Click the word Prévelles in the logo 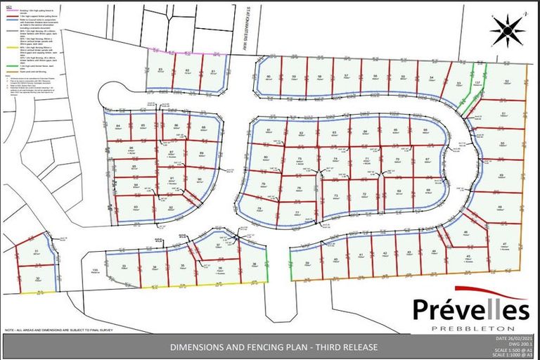pyautogui.click(x=470, y=309)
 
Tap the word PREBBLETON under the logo pyautogui.click(x=470, y=328)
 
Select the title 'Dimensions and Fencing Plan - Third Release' pyautogui.click(x=270, y=347)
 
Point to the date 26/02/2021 pyautogui.click(x=512, y=340)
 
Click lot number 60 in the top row pyautogui.click(x=268, y=78)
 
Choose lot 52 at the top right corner pyautogui.click(x=507, y=82)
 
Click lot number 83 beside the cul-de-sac pyautogui.click(x=160, y=71)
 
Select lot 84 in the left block pyautogui.click(x=118, y=126)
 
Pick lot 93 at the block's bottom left pyautogui.click(x=135, y=207)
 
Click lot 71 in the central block pyautogui.click(x=367, y=160)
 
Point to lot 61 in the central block pyautogui.click(x=269, y=131)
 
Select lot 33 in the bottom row pyautogui.click(x=124, y=266)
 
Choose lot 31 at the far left pyautogui.click(x=35, y=252)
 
